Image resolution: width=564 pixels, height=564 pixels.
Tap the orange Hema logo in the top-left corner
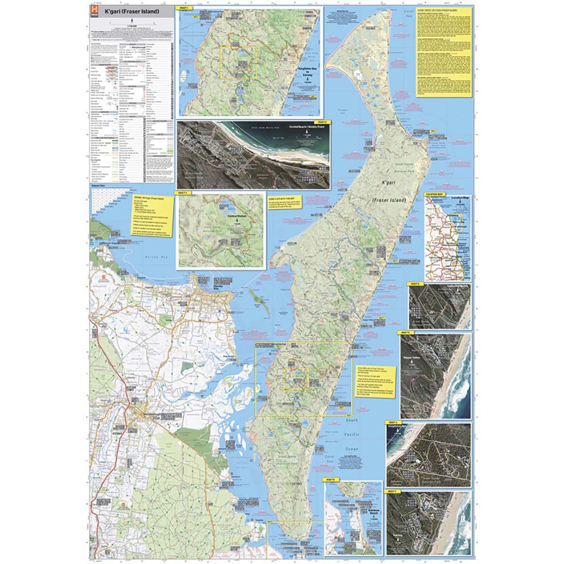click(x=94, y=11)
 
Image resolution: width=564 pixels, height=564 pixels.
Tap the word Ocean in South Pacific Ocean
click(x=352, y=449)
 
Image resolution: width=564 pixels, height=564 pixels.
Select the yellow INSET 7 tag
click(x=393, y=491)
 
